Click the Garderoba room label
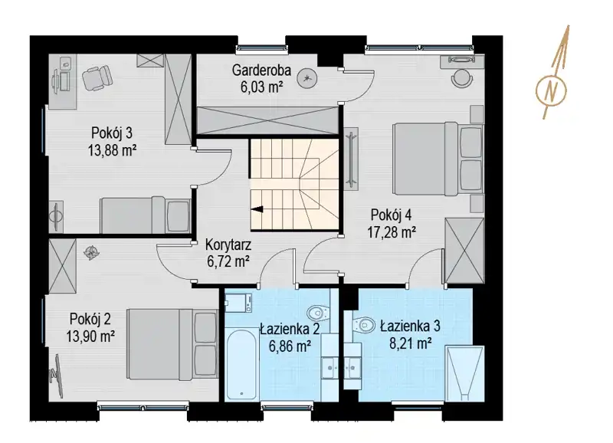[x=261, y=71]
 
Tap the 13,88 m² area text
[x=112, y=150]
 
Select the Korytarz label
[x=228, y=245]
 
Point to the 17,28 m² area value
[x=392, y=232]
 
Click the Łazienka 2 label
[x=290, y=330]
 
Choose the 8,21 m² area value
[x=411, y=343]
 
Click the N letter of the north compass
[x=551, y=90]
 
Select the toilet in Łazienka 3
[x=363, y=324]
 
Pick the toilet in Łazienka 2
[x=317, y=313]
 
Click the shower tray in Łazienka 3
[x=465, y=374]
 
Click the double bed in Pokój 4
[x=438, y=159]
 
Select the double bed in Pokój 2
[x=172, y=344]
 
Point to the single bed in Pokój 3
[x=146, y=215]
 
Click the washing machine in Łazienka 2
[x=238, y=303]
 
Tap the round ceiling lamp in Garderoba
[x=307, y=79]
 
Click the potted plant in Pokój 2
[x=91, y=254]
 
